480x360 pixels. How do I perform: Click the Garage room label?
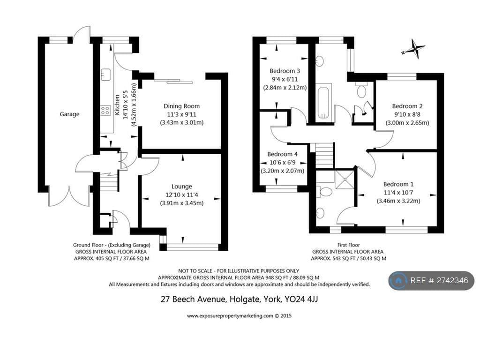point(69,114)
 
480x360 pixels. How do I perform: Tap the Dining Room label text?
point(181,106)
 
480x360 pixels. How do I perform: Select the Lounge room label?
point(181,187)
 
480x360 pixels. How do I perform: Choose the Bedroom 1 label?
point(398,184)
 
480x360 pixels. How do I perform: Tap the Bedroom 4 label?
point(282,154)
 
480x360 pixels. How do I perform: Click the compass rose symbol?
point(414,49)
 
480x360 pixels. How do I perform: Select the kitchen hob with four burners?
point(105,111)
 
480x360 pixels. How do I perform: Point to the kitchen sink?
point(105,74)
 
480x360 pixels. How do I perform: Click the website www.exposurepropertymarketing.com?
point(230,316)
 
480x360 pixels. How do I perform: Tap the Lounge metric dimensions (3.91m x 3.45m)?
point(181,203)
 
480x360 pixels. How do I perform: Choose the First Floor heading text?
point(348,245)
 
